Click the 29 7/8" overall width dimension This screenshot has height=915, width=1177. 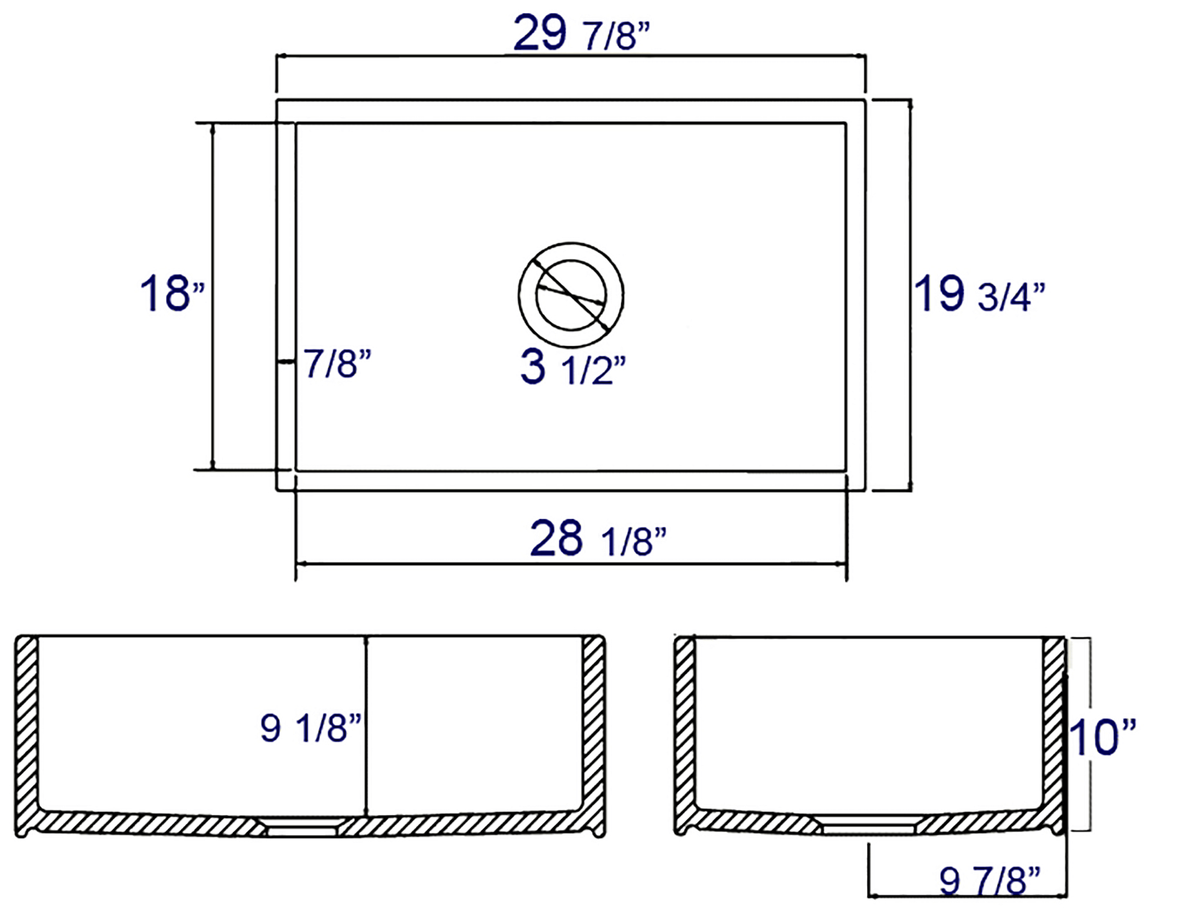click(x=581, y=34)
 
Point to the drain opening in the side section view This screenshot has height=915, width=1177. click(x=869, y=829)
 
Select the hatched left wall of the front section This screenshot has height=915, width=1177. click(x=26, y=723)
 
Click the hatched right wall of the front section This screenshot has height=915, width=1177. click(x=593, y=723)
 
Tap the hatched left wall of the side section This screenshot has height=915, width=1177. click(x=684, y=723)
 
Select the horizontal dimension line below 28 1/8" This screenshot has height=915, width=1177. click(x=571, y=564)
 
